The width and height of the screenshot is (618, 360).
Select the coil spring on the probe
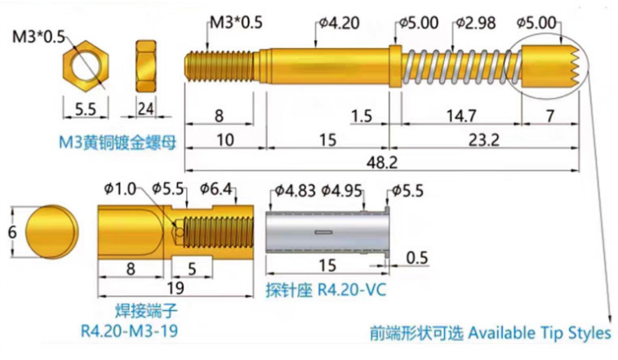pos(460,63)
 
